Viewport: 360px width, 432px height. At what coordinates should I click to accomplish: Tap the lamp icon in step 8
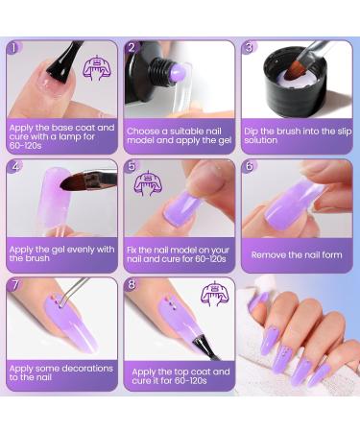[x=215, y=292]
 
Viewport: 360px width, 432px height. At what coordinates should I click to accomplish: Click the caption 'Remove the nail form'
[x=296, y=254]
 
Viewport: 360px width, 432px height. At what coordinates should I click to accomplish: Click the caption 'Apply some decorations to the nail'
[x=60, y=372]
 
